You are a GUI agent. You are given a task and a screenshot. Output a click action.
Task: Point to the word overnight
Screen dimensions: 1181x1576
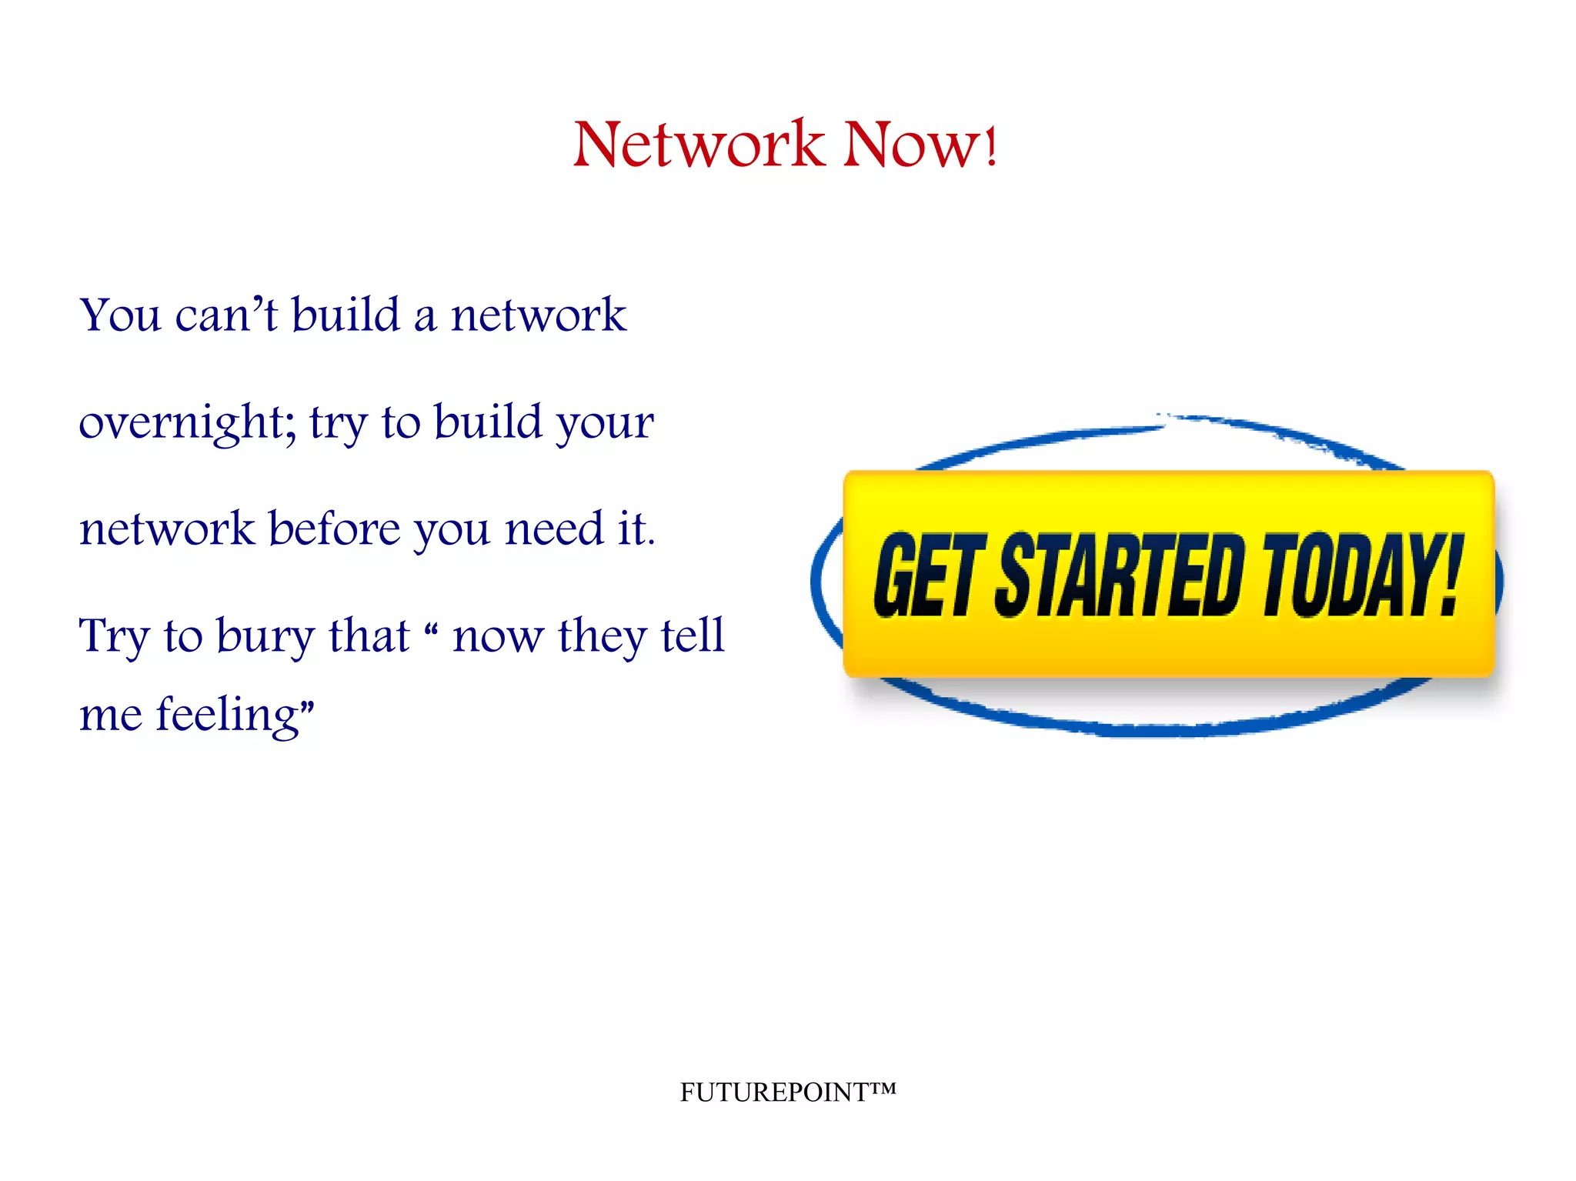pos(182,422)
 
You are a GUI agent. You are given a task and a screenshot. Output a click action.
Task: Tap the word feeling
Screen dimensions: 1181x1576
pos(228,715)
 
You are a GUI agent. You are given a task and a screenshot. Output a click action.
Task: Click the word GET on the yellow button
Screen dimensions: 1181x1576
pos(928,575)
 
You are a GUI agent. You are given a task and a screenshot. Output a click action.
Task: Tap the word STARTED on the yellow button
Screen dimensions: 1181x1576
pos(1120,575)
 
